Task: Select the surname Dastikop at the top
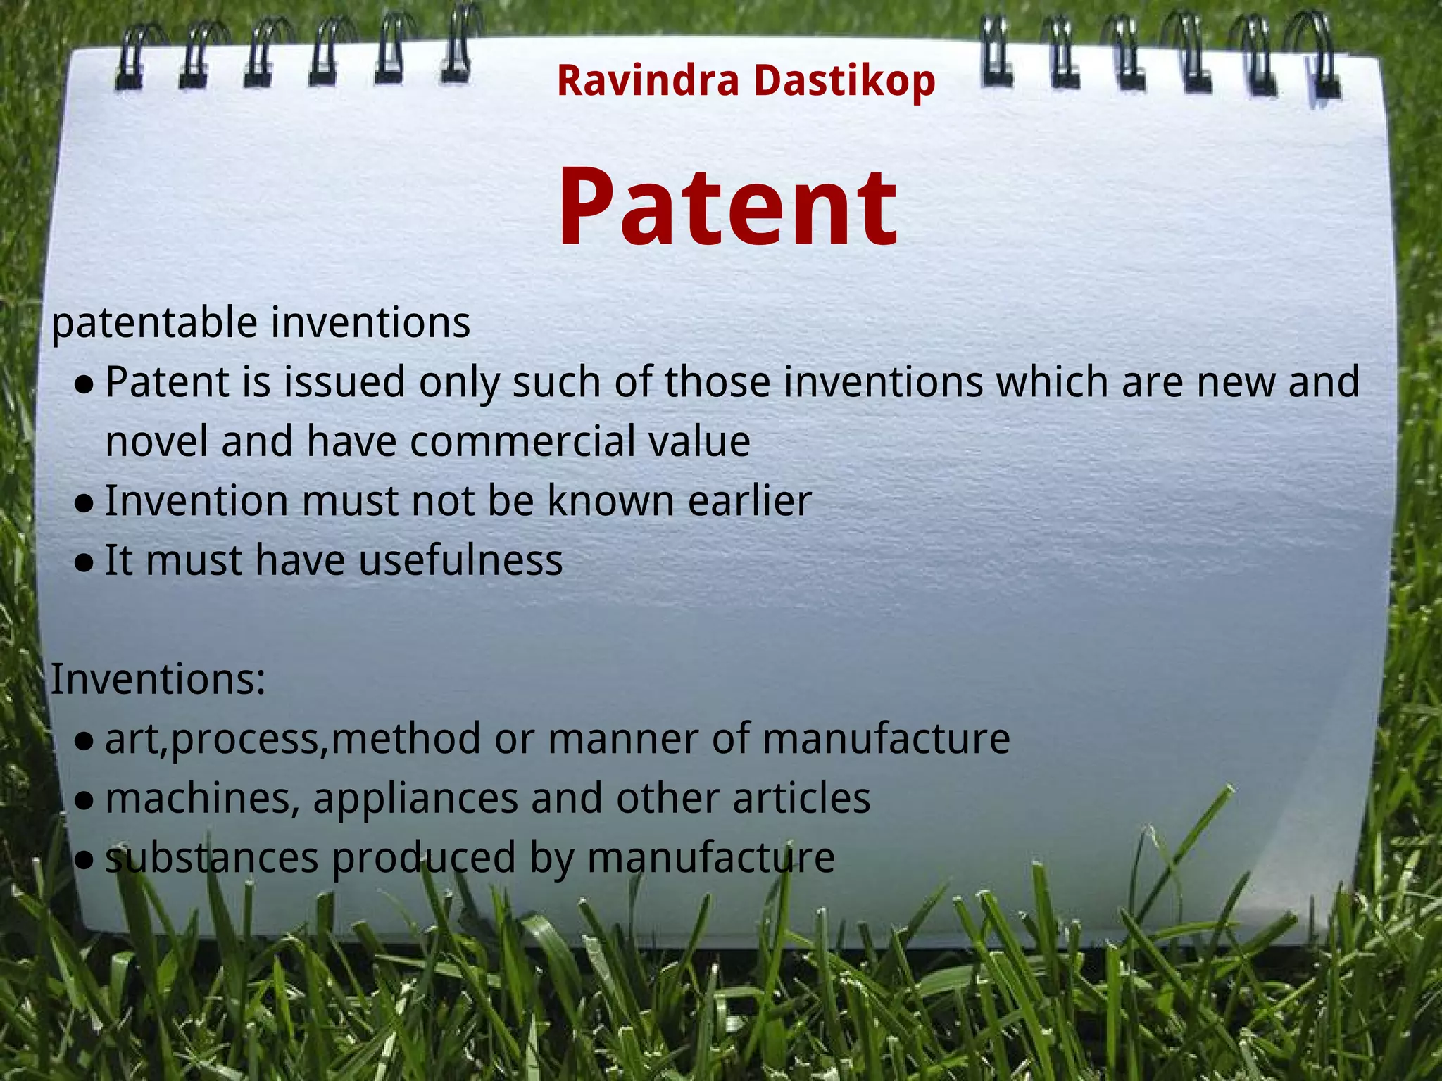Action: click(844, 80)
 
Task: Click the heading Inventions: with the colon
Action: click(158, 680)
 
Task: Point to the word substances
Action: click(212, 858)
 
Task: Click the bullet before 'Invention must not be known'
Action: click(84, 503)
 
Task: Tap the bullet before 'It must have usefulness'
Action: click(84, 563)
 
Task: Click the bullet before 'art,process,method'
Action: click(84, 741)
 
